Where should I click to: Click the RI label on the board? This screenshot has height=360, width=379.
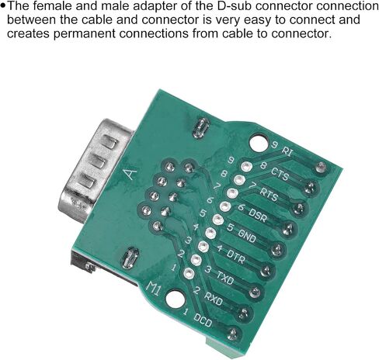tap(287, 151)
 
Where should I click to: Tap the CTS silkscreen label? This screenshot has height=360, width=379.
tap(280, 174)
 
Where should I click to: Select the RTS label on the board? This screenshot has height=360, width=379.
tap(269, 195)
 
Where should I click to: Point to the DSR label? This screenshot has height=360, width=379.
tap(258, 216)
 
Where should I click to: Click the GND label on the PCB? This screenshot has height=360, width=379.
tap(247, 236)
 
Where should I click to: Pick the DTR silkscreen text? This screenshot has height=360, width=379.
tap(235, 257)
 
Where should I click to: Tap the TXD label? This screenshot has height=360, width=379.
tap(225, 278)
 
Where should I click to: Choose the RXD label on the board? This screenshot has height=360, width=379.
tap(214, 299)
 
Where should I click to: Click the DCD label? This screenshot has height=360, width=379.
tap(203, 320)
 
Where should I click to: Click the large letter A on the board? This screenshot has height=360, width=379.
tap(131, 174)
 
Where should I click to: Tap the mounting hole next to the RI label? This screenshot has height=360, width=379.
tap(259, 142)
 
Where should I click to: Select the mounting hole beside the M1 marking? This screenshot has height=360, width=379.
tap(176, 299)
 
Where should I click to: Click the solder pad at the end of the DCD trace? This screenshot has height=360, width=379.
tap(233, 334)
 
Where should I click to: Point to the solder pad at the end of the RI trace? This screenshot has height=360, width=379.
tap(321, 167)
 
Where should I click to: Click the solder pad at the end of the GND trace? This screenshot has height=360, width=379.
tap(277, 250)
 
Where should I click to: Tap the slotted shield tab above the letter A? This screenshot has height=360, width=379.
tap(201, 128)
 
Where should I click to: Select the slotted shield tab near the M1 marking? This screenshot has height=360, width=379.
tap(130, 258)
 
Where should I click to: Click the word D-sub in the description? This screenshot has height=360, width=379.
tap(235, 6)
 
